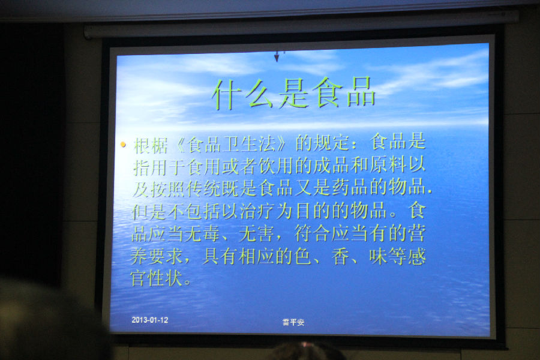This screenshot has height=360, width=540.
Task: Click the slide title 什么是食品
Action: [x=294, y=93]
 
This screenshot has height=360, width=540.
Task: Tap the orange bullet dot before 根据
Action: [x=123, y=145]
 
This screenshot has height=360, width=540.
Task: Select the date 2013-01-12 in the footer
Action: [x=150, y=320]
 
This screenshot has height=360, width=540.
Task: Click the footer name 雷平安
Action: [x=293, y=322]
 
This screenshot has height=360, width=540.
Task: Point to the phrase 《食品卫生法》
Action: [x=231, y=145]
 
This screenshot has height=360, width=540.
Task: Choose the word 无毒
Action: [x=202, y=234]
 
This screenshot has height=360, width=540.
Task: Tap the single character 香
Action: [x=340, y=257]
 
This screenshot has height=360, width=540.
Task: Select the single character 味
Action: [x=378, y=257]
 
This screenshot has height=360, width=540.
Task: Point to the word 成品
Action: [x=331, y=166]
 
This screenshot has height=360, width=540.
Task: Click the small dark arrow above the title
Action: [x=277, y=56]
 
